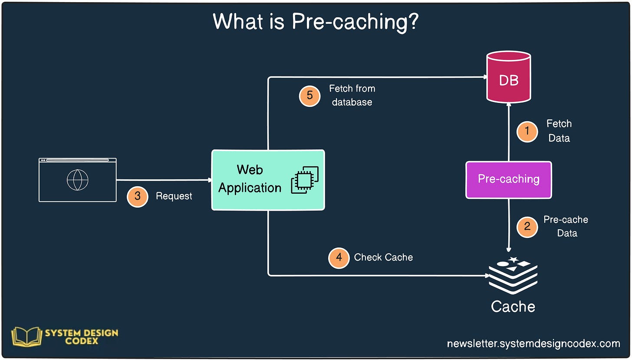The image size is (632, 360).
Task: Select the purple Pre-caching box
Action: pyautogui.click(x=508, y=180)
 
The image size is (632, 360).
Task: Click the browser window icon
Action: pyautogui.click(x=78, y=180)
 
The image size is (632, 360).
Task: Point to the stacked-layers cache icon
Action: pyautogui.click(x=513, y=275)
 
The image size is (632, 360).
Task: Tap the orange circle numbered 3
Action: pyautogui.click(x=138, y=196)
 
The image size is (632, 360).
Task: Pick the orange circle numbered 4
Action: pyautogui.click(x=339, y=258)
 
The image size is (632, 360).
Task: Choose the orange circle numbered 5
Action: pyautogui.click(x=310, y=96)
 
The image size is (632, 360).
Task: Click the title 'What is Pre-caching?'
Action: pyautogui.click(x=316, y=22)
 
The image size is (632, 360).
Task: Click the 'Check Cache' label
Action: pyautogui.click(x=383, y=258)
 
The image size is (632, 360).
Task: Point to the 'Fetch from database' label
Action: pyautogui.click(x=352, y=96)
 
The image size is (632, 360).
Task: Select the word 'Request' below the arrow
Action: pyautogui.click(x=174, y=196)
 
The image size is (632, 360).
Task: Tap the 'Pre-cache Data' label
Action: pyautogui.click(x=566, y=226)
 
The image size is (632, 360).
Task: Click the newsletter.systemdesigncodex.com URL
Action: pyautogui.click(x=533, y=343)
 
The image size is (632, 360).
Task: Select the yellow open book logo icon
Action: pyautogui.click(x=26, y=337)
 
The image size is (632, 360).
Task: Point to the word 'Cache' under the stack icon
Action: pyautogui.click(x=513, y=307)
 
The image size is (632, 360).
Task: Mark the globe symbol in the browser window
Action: pyautogui.click(x=78, y=180)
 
